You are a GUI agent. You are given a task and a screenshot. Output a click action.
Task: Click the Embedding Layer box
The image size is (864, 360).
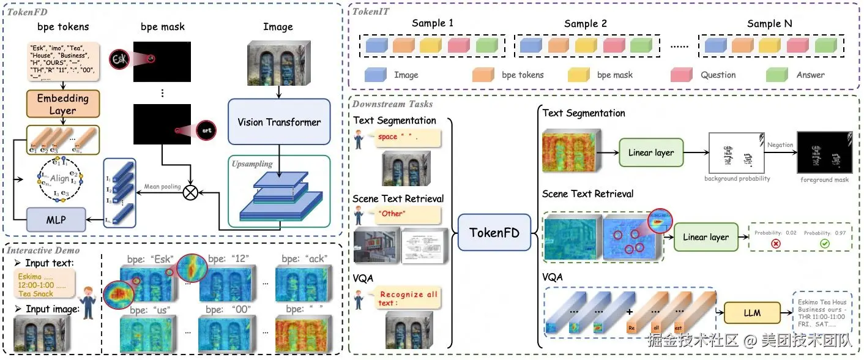(x=62, y=104)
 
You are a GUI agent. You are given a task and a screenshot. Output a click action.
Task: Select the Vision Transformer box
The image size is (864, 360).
(x=279, y=122)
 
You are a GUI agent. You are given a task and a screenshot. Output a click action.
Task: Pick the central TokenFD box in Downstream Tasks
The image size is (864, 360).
(x=494, y=232)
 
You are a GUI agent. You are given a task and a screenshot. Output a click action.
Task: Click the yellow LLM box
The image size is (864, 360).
(x=752, y=312)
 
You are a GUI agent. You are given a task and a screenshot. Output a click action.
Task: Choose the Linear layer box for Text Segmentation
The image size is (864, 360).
(x=651, y=152)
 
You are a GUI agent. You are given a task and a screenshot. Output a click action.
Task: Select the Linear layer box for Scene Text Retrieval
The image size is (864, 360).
(x=705, y=237)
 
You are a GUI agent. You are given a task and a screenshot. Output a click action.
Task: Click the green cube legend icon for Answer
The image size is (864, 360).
(x=775, y=75)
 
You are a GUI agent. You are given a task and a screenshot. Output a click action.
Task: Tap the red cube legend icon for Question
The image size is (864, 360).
(x=680, y=75)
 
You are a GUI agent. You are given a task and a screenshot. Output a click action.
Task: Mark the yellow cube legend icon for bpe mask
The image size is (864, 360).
(x=577, y=75)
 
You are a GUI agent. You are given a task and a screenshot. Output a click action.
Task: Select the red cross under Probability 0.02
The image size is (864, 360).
(x=776, y=244)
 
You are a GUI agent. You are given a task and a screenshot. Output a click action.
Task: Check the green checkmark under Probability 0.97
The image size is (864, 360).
(x=824, y=244)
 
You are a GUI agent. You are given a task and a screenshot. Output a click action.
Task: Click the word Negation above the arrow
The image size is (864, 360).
(x=780, y=145)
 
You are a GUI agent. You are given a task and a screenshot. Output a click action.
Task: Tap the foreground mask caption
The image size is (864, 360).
(x=824, y=180)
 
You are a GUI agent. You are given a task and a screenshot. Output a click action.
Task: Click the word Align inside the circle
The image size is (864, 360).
(x=60, y=178)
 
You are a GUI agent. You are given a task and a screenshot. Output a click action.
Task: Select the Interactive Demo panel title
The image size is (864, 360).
(x=44, y=250)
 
